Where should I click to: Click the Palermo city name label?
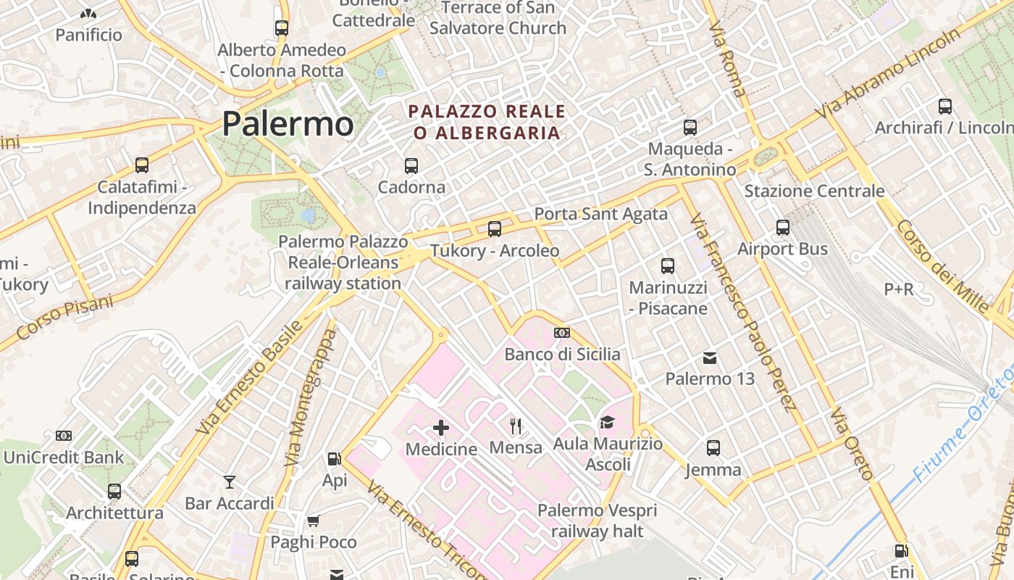288,123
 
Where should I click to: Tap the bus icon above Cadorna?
411,165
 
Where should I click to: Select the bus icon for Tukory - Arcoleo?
495,229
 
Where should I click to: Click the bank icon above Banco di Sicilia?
561,333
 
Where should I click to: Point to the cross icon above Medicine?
441,428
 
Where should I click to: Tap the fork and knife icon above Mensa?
516,426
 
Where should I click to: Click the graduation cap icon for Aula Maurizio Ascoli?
607,422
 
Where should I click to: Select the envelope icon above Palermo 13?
710,357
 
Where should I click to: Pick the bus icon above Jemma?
713,447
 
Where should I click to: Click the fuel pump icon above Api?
334,458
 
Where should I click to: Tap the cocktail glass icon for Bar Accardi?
230,481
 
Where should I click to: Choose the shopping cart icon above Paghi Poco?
314,521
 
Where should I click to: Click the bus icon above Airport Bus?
783,228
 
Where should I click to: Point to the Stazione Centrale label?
814,191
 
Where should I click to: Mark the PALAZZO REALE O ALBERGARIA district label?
487,122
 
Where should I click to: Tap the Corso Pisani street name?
65,316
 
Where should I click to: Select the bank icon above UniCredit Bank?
64,436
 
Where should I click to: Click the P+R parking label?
899,289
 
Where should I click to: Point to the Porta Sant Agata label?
600,214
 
